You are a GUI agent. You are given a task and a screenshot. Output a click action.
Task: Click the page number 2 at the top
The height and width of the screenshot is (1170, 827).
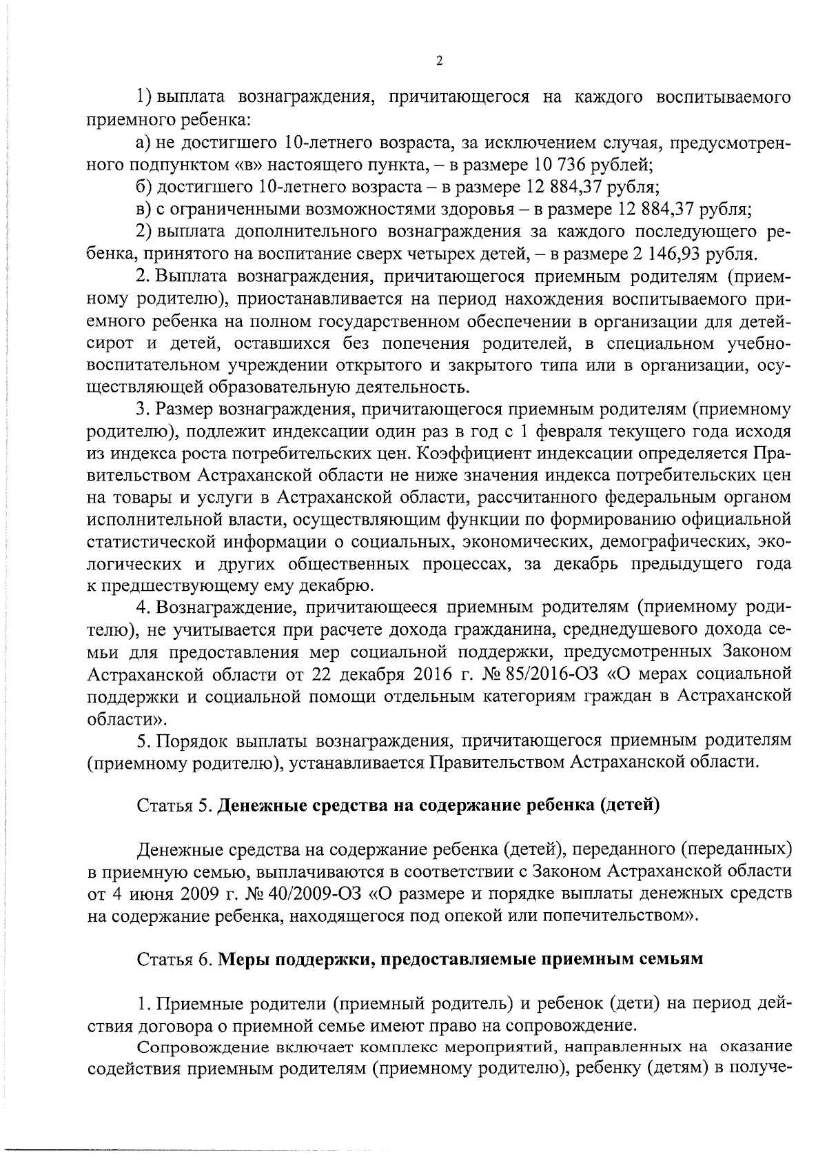click(439, 61)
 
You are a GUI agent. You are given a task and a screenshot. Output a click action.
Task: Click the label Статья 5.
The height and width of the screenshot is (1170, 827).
click(175, 805)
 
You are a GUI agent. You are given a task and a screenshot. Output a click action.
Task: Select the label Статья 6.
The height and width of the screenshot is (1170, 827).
click(175, 960)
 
